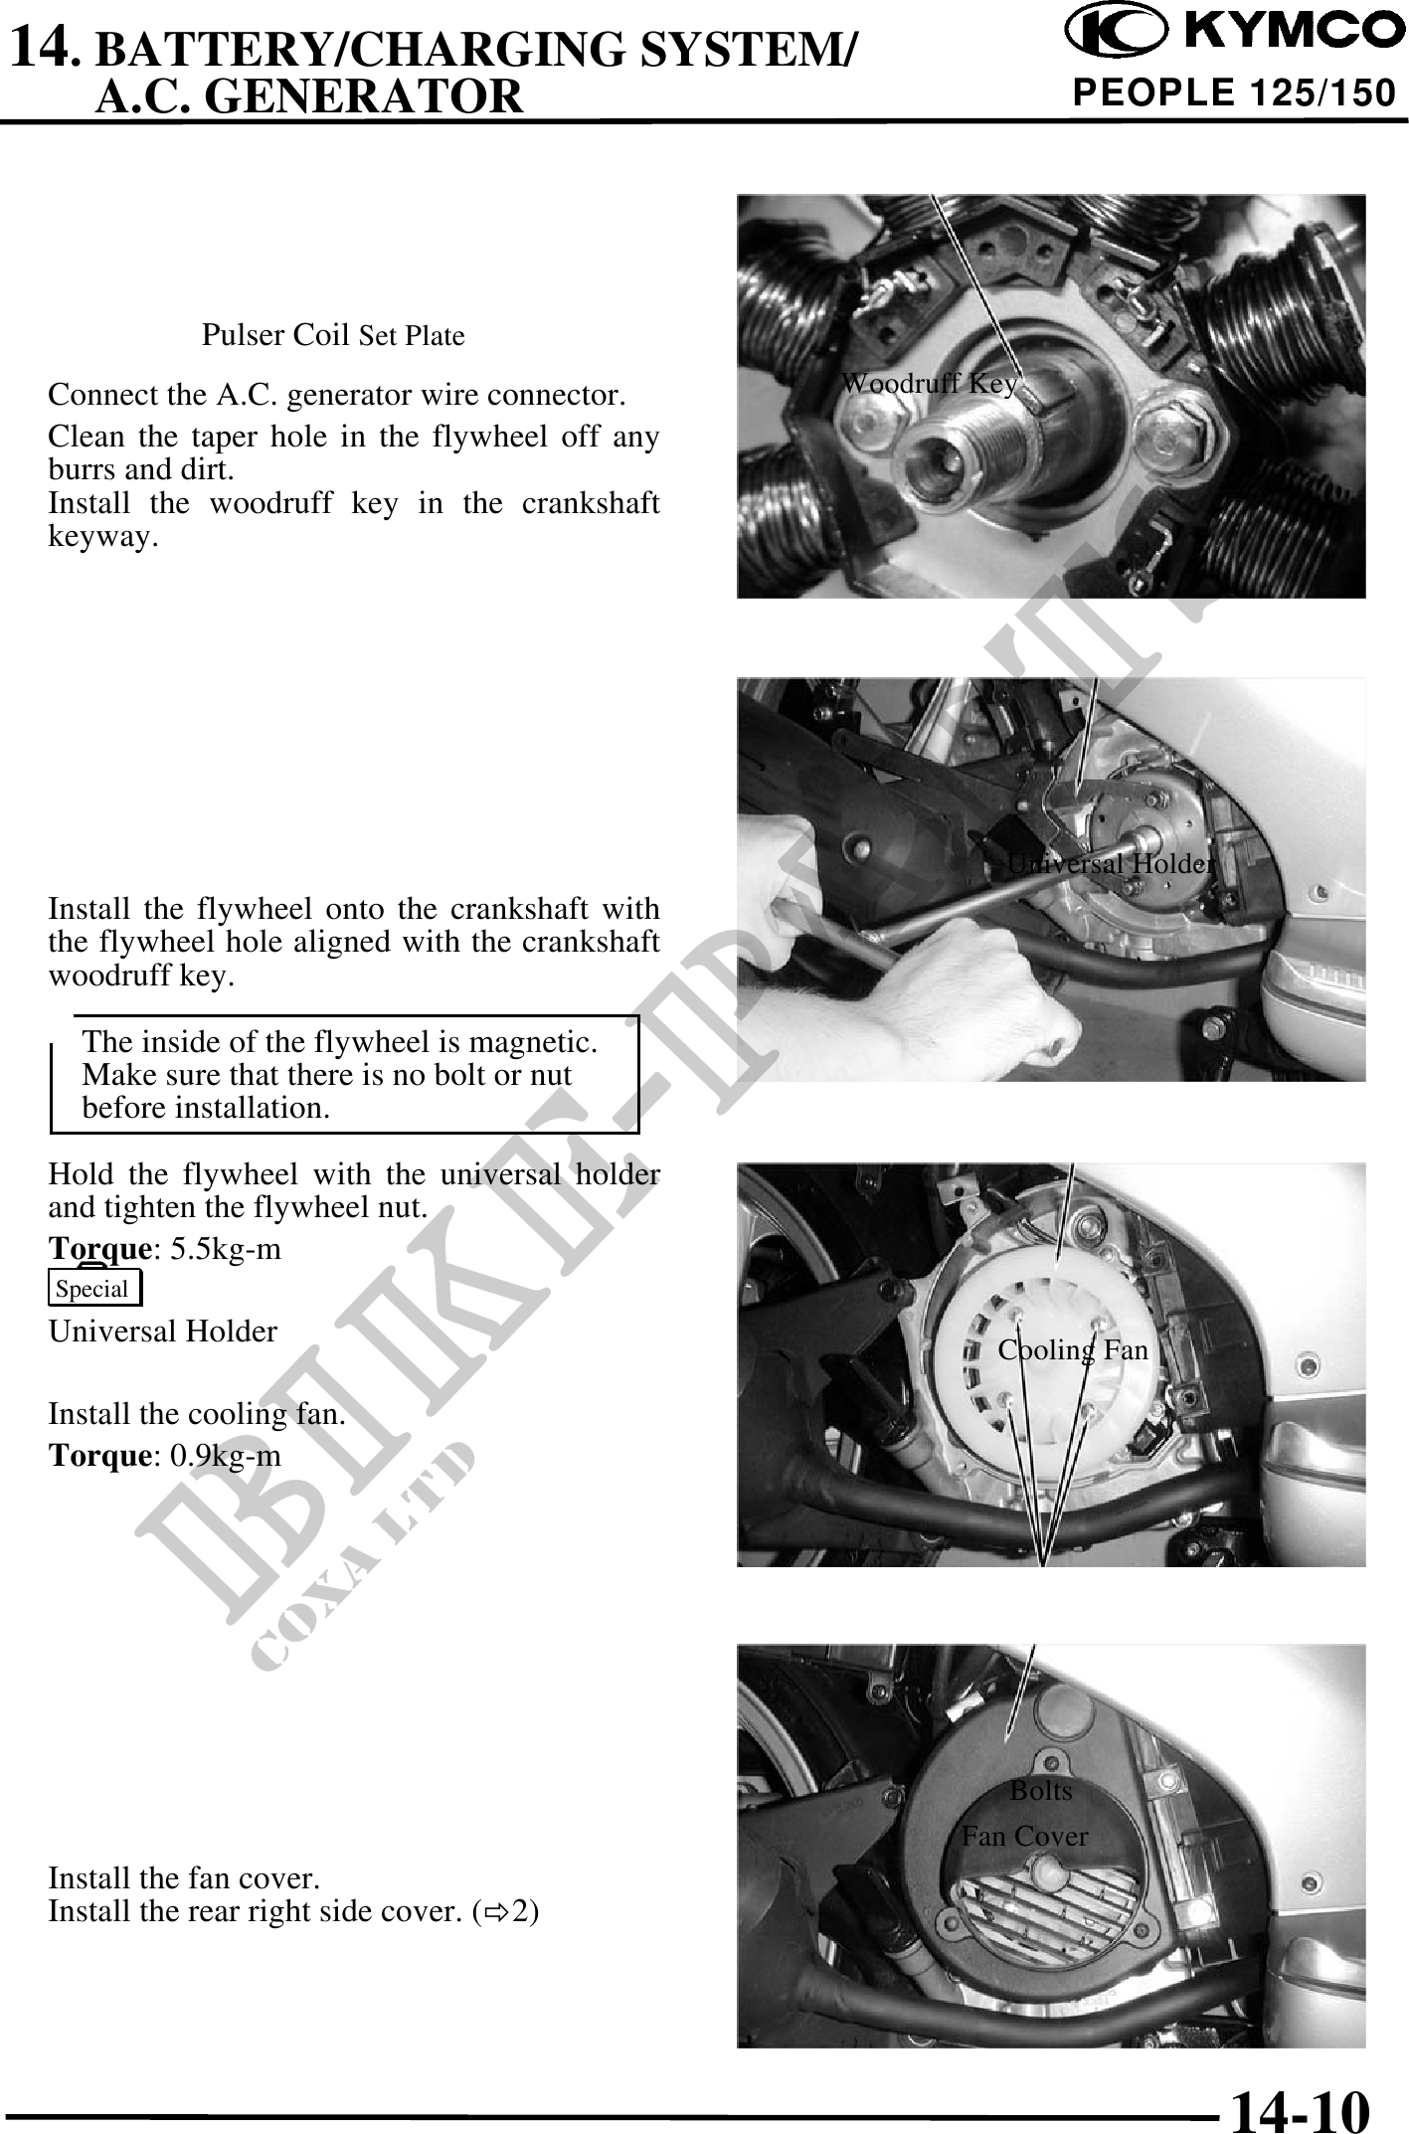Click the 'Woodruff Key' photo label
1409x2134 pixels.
click(929, 384)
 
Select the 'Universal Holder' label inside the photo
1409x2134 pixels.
click(1111, 863)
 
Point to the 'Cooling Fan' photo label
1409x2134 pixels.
click(1073, 1349)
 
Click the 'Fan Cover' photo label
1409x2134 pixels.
click(1024, 1836)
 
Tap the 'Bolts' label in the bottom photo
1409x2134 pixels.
click(1041, 1791)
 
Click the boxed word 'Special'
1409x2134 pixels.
click(93, 1289)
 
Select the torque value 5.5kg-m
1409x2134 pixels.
click(226, 1249)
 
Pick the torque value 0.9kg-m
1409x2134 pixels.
click(226, 1456)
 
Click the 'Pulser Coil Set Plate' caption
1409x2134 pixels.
click(333, 335)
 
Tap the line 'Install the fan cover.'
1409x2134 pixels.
click(184, 1878)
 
